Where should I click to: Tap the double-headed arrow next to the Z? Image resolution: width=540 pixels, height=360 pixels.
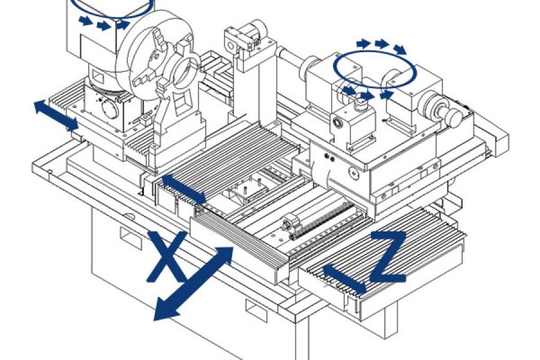[x=344, y=280]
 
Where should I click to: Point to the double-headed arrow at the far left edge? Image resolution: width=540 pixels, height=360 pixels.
[x=55, y=115]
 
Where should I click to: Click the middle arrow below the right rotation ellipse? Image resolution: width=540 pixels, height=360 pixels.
[x=367, y=95]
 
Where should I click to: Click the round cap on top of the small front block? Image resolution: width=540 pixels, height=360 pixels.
[x=361, y=106]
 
